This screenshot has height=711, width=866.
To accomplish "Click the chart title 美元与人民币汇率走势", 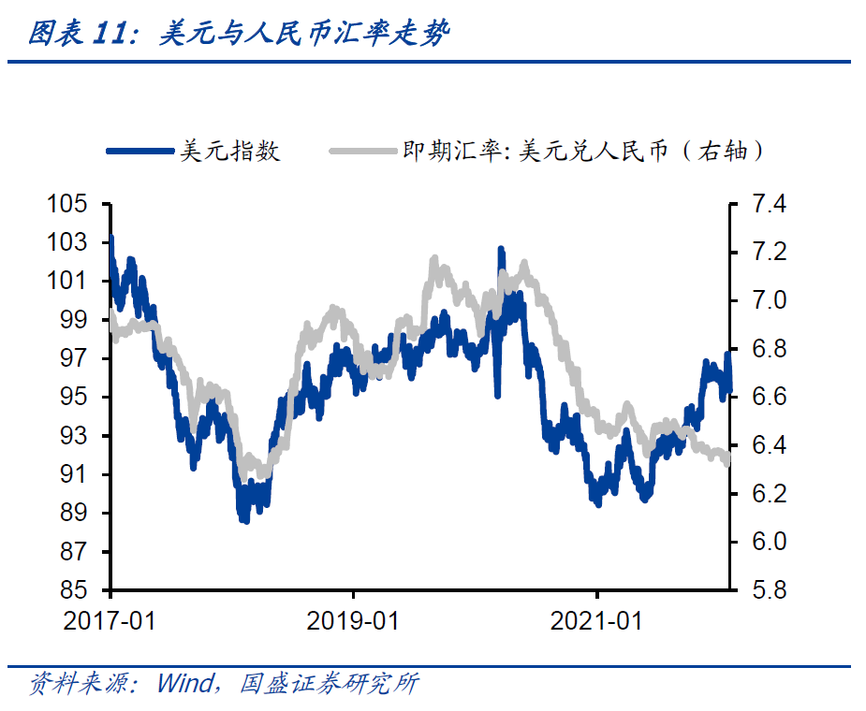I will click(x=305, y=35).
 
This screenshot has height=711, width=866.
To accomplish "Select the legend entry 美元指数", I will click(x=230, y=151).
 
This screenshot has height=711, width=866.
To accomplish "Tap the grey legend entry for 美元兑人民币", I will click(x=581, y=151).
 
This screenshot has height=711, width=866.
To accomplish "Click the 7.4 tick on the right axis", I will click(x=765, y=205).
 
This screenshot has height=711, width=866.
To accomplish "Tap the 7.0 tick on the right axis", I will click(x=765, y=301).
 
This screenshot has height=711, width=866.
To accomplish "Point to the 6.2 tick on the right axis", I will click(x=765, y=494).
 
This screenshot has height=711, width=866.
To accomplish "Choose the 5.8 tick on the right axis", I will click(x=765, y=590).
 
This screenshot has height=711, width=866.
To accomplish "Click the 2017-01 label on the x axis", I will click(x=110, y=620).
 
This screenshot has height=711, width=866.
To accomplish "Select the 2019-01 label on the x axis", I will click(x=353, y=620).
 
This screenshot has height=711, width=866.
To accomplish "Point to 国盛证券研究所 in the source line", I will click(x=329, y=684).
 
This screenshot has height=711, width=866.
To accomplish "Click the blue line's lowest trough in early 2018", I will click(x=244, y=518).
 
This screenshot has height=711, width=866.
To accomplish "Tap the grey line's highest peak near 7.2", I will click(x=434, y=259).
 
